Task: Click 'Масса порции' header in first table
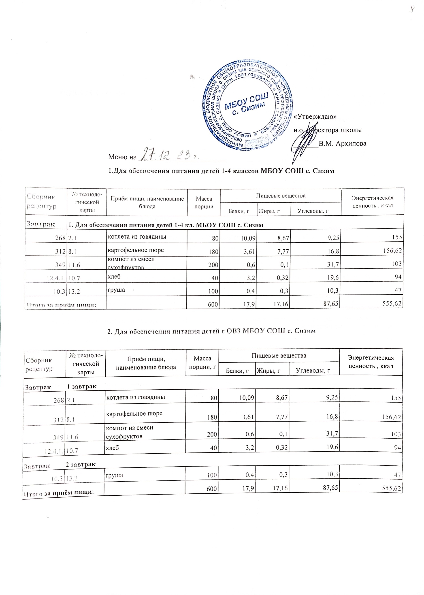point(204,202)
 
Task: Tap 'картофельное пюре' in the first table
point(136,250)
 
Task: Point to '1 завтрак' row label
point(82,386)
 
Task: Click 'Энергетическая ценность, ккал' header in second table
point(371,362)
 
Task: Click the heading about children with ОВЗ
point(212,331)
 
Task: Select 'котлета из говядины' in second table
point(135,397)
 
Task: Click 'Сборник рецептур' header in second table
point(39,364)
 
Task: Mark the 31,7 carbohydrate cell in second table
point(332,434)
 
